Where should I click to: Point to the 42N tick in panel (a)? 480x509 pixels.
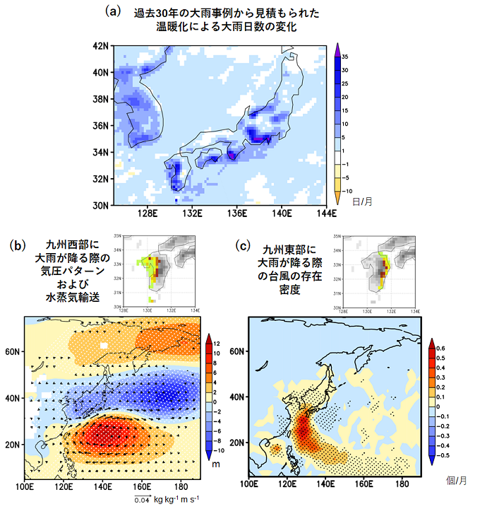click(x=102, y=46)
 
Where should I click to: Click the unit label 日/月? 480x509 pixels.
click(x=365, y=201)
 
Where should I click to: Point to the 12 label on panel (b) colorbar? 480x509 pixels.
click(x=219, y=344)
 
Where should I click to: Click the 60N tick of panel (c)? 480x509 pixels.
click(x=236, y=351)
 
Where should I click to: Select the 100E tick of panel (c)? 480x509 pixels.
click(x=248, y=484)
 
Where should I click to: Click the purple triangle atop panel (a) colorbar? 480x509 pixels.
click(x=338, y=52)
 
